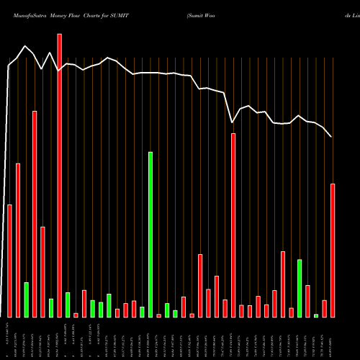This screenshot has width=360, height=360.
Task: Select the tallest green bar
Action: point(150,234)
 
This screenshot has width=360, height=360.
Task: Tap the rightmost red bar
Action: point(333,250)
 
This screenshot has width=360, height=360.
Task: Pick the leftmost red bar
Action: point(9,261)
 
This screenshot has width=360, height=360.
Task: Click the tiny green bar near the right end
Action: point(316,315)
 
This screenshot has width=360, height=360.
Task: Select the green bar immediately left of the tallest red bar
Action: point(51,307)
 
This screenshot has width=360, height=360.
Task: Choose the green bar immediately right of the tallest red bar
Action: point(68,305)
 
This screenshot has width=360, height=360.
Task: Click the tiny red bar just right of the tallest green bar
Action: point(158,315)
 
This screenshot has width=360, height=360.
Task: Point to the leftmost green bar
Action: point(26,300)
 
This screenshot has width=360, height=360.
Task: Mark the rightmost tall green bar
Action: point(300,288)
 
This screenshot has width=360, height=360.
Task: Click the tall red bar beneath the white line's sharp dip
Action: point(233,225)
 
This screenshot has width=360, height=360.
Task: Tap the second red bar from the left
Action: point(18,240)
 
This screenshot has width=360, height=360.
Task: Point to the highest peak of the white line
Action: point(26,46)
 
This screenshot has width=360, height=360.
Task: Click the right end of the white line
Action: point(331,137)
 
